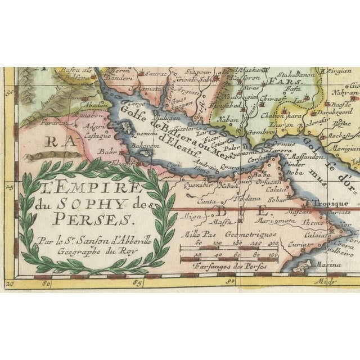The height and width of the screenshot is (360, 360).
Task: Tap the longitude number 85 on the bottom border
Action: [x=137, y=283]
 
